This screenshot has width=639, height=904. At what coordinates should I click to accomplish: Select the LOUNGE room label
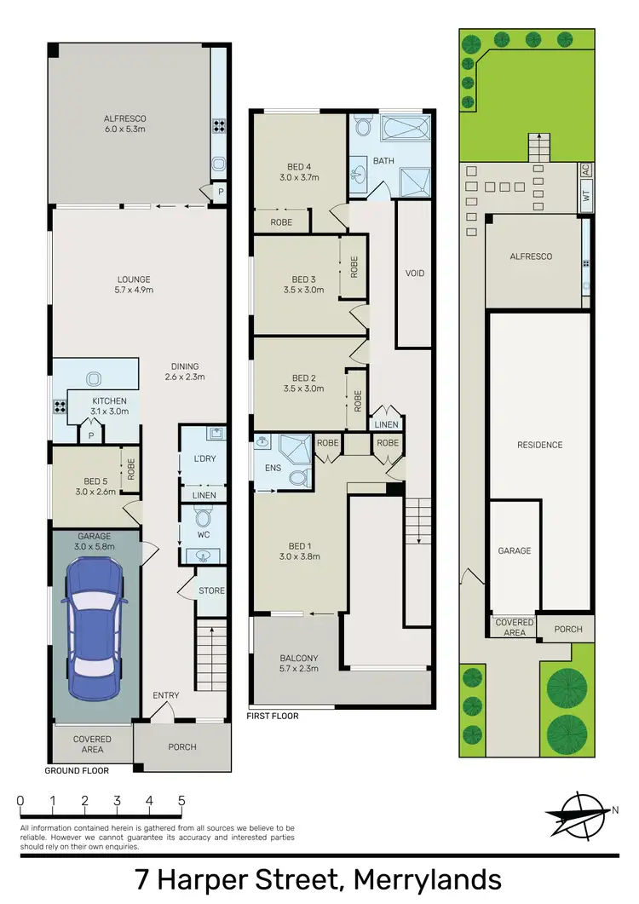[x=135, y=285]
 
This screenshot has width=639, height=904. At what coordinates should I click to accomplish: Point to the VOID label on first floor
[x=415, y=274]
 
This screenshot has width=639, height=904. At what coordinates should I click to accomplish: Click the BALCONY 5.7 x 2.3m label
[x=298, y=664]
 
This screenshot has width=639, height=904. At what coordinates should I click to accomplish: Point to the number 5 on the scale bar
[x=181, y=801]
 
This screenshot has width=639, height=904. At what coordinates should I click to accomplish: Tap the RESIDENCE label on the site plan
[x=539, y=445]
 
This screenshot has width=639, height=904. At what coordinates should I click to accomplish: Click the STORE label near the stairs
[x=211, y=590]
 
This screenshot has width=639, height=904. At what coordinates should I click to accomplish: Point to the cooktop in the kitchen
[x=60, y=406]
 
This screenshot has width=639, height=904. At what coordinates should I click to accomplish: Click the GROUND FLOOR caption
[x=78, y=770]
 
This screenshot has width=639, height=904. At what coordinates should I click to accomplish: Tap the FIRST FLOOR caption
[x=273, y=717]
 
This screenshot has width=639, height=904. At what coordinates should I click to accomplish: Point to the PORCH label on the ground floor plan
[x=182, y=746]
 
